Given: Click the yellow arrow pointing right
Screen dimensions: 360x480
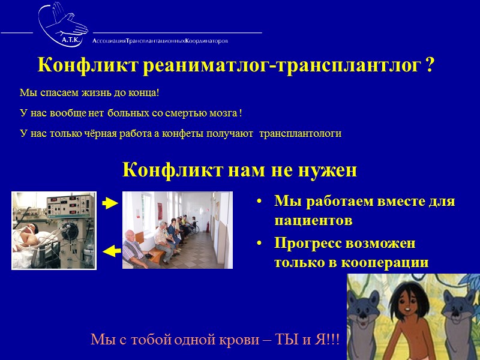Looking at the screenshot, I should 110,204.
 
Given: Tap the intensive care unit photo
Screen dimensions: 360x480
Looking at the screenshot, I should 54,230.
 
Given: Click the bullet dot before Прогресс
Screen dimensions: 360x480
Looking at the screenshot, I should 259,245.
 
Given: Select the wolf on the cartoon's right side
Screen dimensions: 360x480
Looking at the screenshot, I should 460,312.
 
